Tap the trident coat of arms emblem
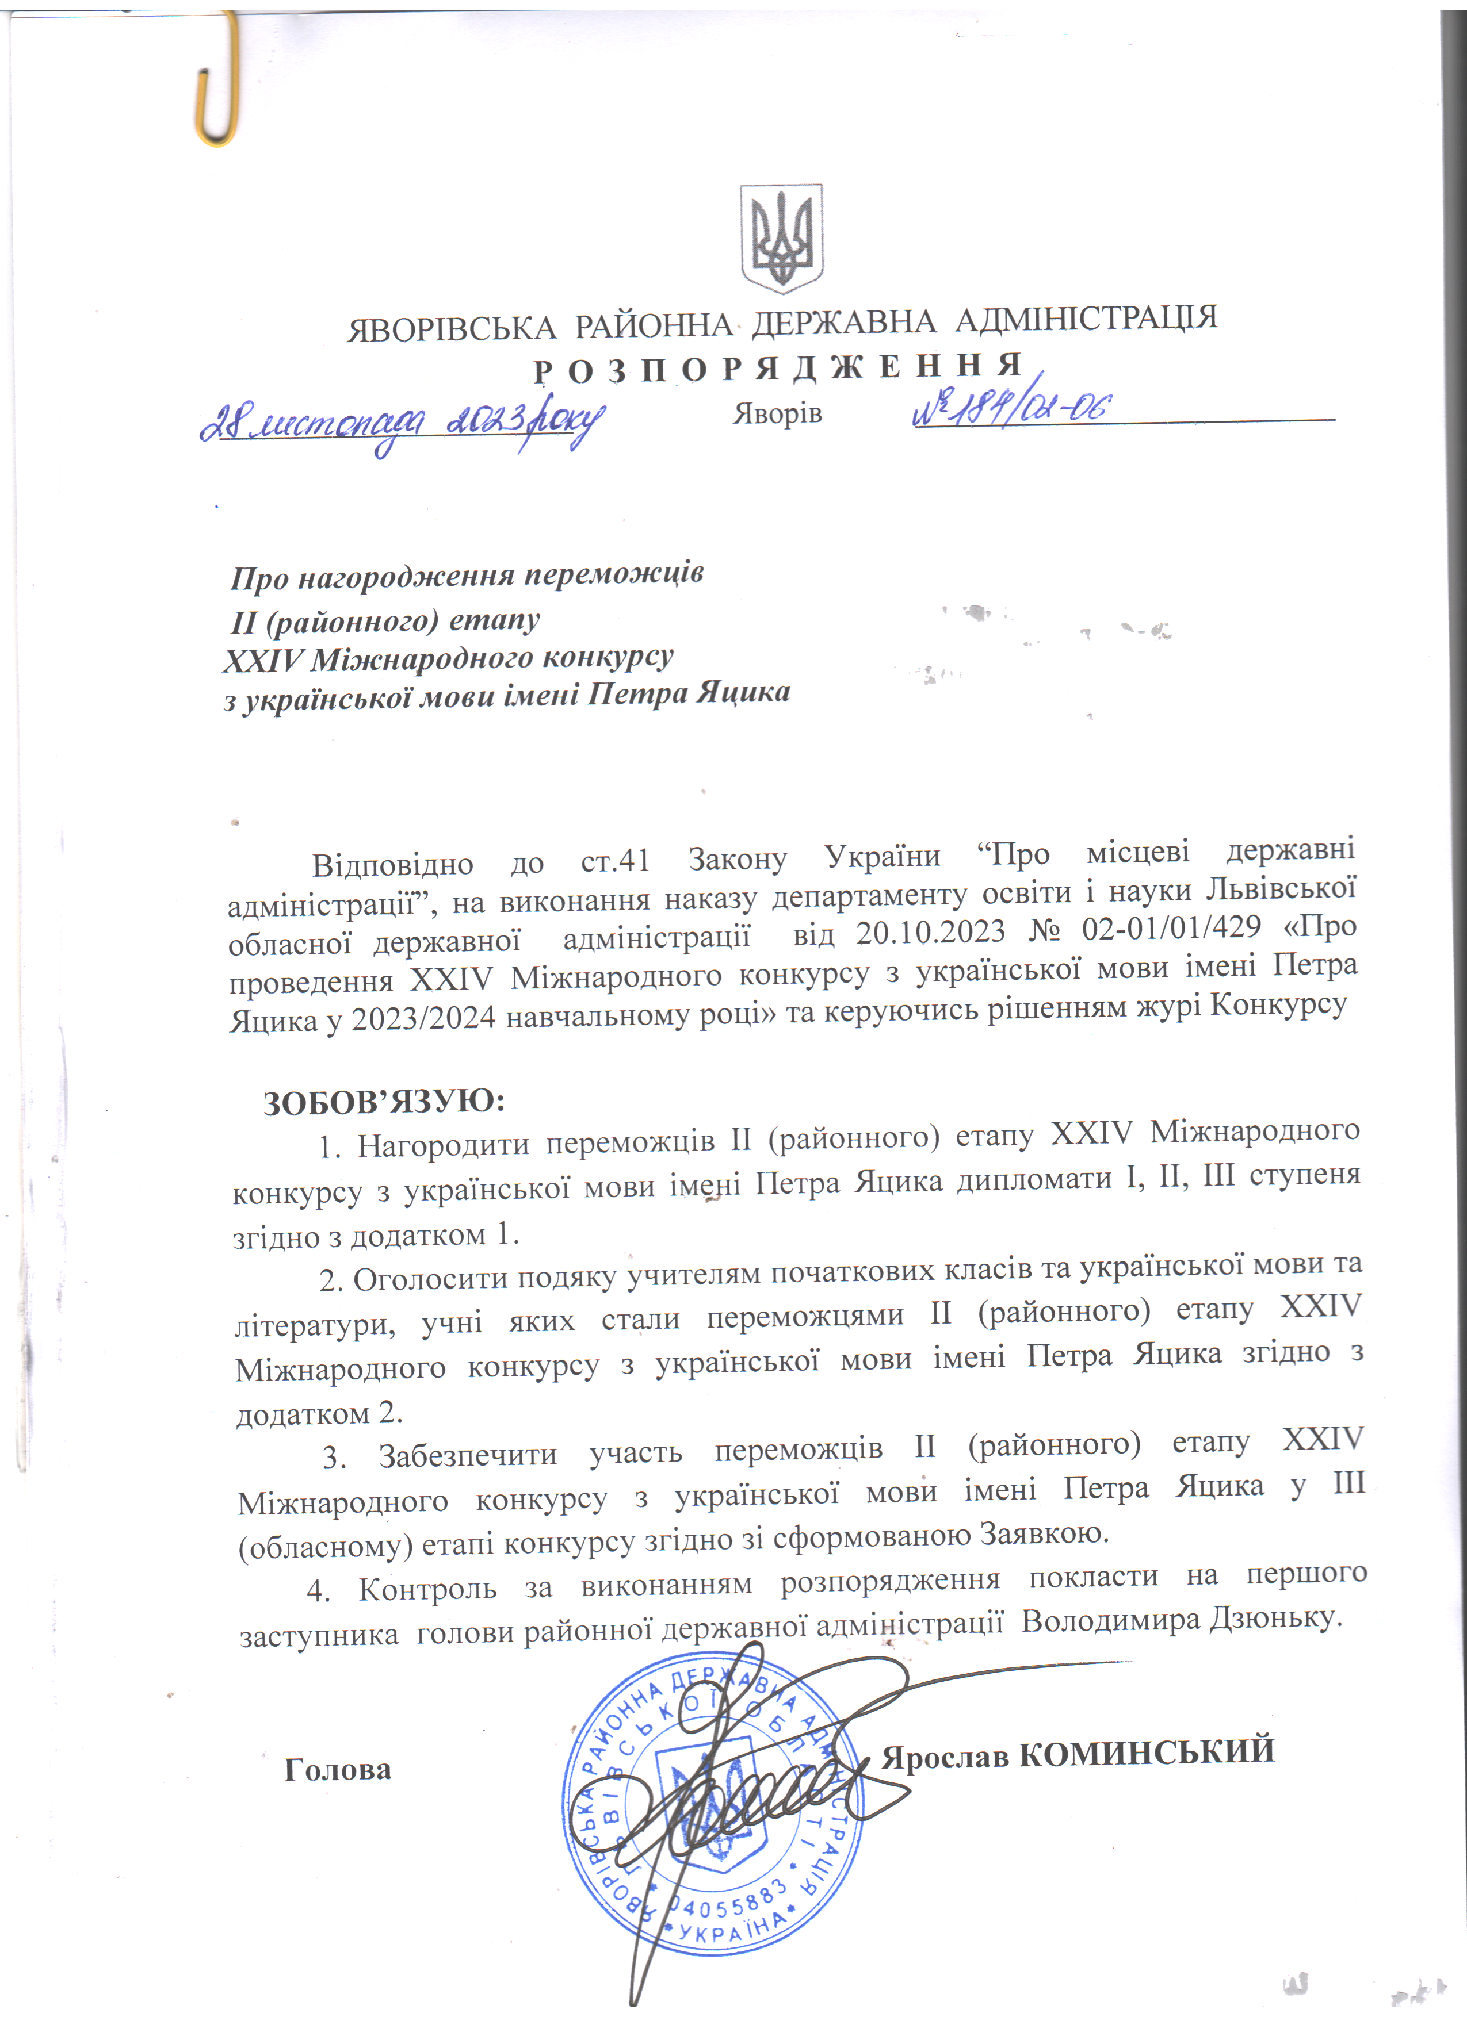point(782,239)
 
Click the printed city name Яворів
point(777,415)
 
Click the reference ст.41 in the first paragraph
point(615,861)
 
